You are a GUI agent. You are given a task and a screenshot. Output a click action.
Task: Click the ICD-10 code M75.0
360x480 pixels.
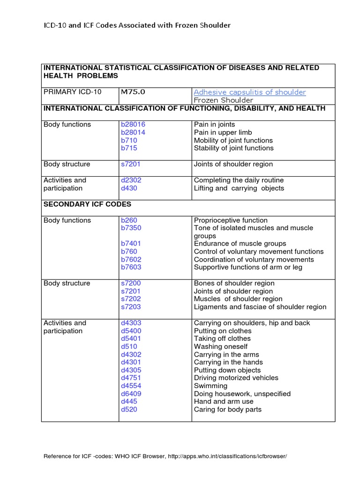pos(133,92)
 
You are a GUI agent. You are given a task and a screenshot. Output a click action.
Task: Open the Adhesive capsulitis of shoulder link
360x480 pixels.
pos(249,92)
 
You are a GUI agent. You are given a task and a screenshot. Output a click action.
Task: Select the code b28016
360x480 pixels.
pos(133,125)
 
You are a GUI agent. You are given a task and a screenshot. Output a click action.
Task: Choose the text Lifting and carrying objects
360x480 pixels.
pos(239,188)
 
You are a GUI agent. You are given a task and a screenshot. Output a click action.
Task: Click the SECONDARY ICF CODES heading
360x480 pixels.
pos(87,204)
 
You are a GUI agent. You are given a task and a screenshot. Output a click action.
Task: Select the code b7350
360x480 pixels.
pos(131,228)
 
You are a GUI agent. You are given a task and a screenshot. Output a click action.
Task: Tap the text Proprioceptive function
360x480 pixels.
pos(231,220)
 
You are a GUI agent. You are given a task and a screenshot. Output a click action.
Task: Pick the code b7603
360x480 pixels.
pos(131,267)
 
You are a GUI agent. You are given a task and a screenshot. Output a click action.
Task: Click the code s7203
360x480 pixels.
pos(130,307)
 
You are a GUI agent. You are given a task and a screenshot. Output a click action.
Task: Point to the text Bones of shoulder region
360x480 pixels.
pos(234,284)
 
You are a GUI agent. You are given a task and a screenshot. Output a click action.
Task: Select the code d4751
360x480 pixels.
pos(131,378)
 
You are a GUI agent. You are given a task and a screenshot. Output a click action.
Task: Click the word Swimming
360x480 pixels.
pos(210,386)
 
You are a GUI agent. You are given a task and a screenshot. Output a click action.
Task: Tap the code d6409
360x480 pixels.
pos(131,394)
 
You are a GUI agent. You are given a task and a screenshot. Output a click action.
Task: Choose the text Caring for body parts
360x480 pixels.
pos(228,410)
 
